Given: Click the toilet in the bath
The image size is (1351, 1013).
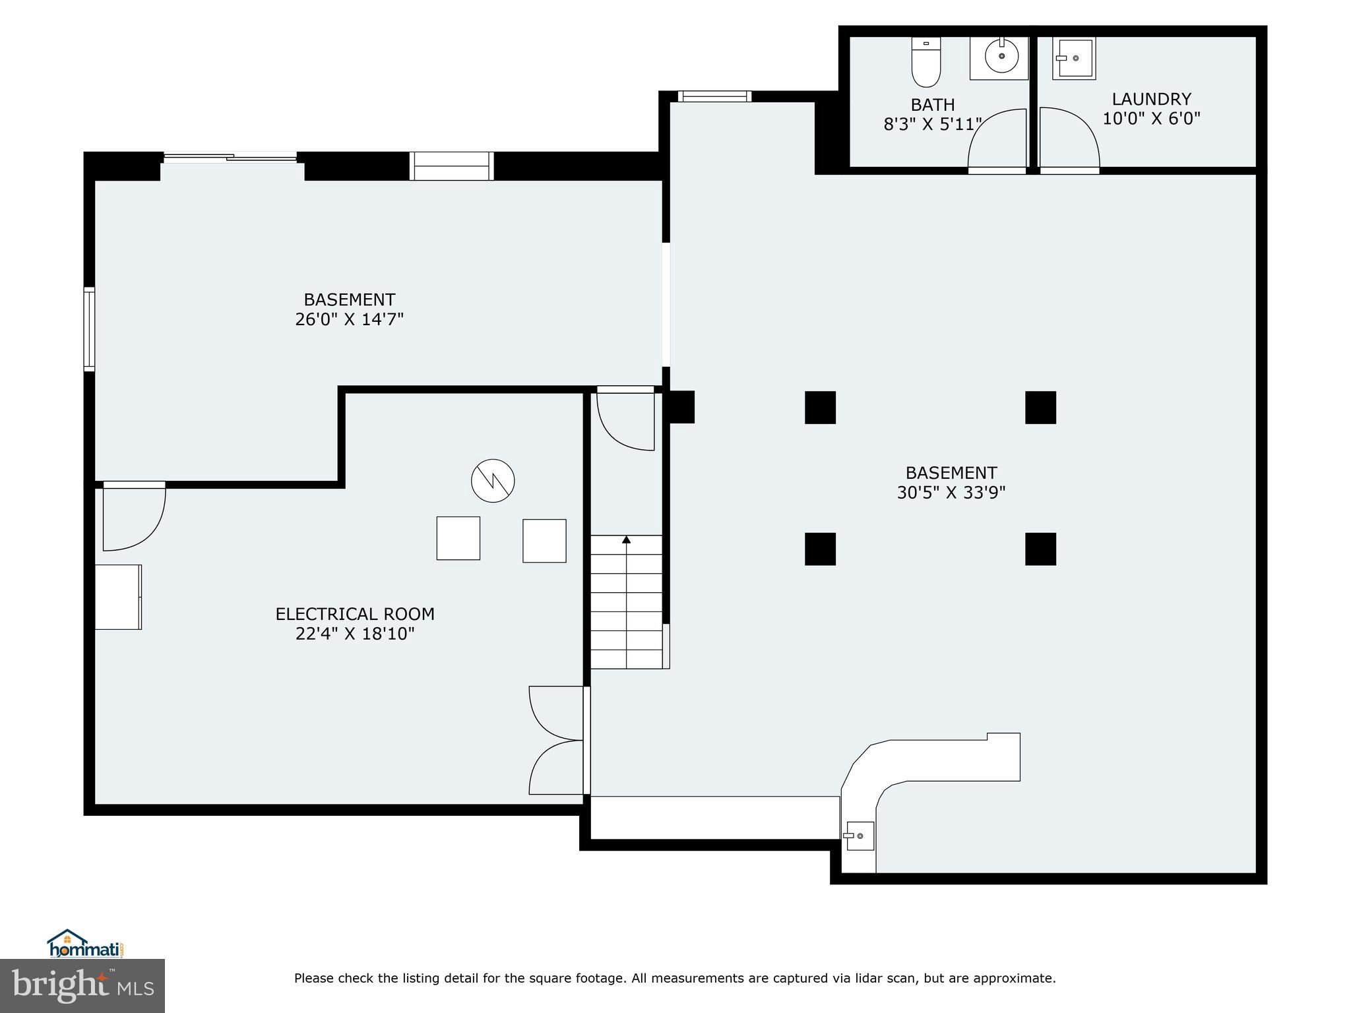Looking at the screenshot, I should pyautogui.click(x=926, y=62).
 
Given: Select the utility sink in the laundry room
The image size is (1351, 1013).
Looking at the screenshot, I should pyautogui.click(x=1073, y=59).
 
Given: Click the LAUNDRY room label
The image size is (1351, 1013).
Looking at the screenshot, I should pyautogui.click(x=1151, y=100).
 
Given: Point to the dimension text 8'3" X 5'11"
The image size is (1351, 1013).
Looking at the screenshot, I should pyautogui.click(x=933, y=124).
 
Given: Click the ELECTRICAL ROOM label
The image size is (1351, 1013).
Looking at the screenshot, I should pyautogui.click(x=355, y=614).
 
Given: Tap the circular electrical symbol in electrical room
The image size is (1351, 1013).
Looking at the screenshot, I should pyautogui.click(x=493, y=480).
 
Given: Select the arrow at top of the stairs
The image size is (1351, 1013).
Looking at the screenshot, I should pyautogui.click(x=626, y=540).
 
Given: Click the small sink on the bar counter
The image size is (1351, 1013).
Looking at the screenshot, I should pyautogui.click(x=860, y=836).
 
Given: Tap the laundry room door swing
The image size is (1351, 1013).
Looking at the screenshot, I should pyautogui.click(x=1069, y=138).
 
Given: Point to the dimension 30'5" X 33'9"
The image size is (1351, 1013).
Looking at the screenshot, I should pyautogui.click(x=951, y=493).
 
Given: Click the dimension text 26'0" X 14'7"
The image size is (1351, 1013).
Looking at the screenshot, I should pyautogui.click(x=349, y=319).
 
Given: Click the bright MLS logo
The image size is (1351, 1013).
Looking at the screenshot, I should pyautogui.click(x=82, y=985).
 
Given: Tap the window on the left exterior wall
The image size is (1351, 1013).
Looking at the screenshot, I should pyautogui.click(x=89, y=328).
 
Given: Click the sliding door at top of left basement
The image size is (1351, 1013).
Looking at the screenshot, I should pyautogui.click(x=231, y=157).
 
